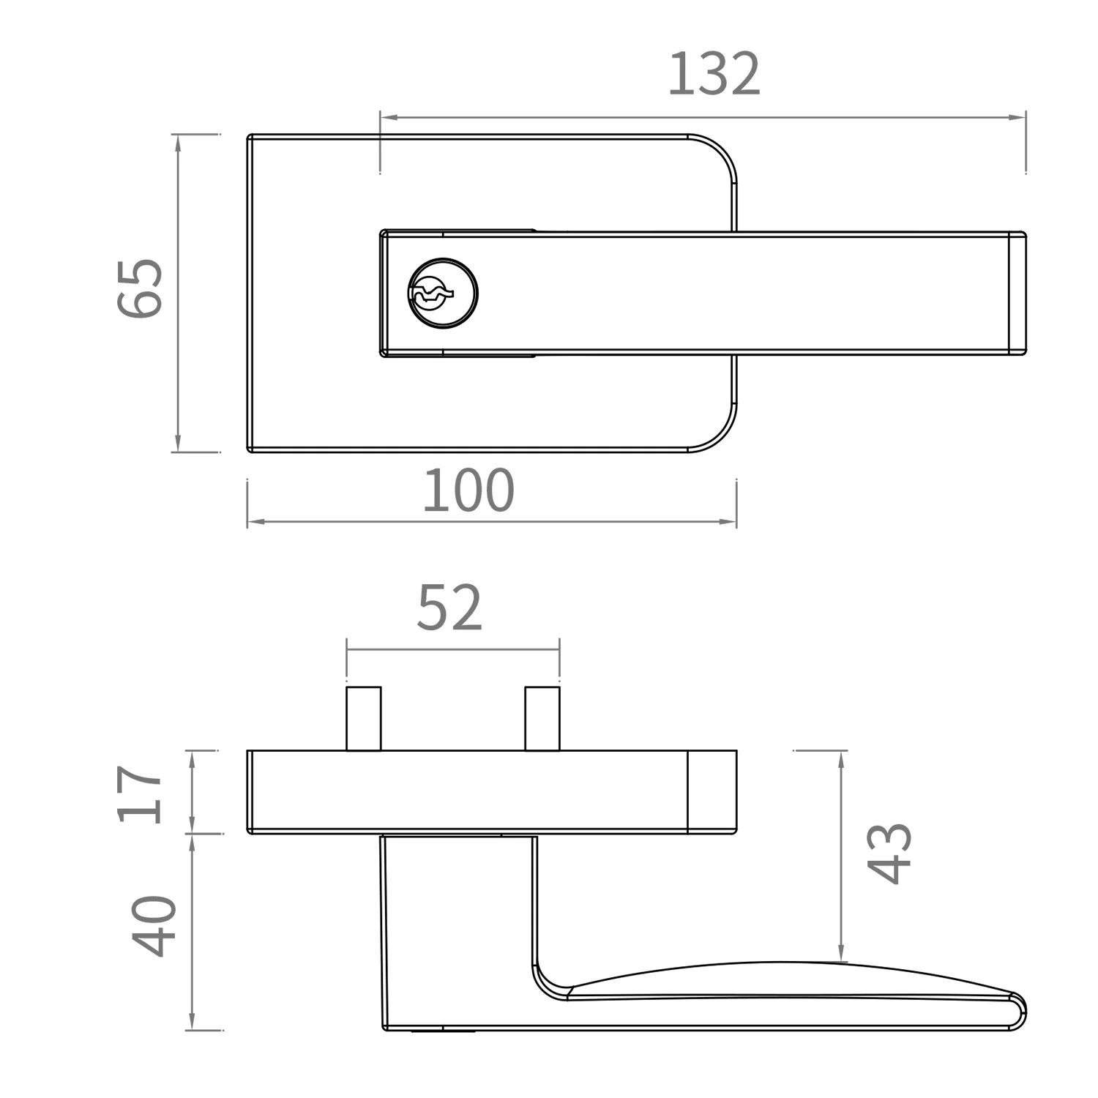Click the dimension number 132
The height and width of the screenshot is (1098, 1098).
point(714,74)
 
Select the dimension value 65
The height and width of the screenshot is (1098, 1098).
point(140,288)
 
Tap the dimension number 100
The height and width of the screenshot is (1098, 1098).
point(468,490)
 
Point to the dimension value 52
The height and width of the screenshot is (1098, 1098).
point(449,608)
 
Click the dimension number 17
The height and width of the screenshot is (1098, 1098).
point(140,794)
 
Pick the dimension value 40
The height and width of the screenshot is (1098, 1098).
point(154,926)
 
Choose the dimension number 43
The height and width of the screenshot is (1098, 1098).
point(889,854)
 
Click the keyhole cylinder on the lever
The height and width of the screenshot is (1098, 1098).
point(442,294)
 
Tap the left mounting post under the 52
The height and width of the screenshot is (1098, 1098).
point(364,719)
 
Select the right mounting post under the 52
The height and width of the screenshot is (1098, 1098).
point(542,719)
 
